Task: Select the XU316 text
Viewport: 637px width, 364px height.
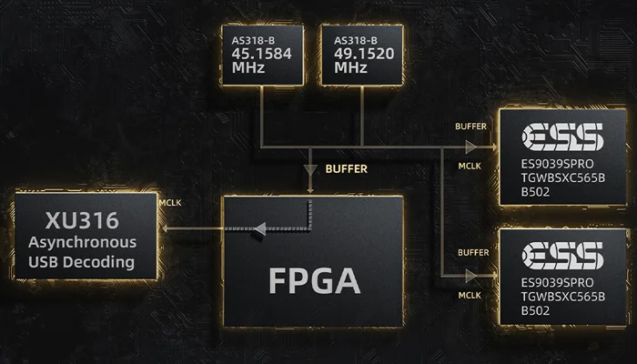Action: (x=81, y=220)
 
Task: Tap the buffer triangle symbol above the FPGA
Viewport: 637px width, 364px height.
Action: (x=312, y=169)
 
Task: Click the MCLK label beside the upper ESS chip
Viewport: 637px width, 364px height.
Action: (x=468, y=167)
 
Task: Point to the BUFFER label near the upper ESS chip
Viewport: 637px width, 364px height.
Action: (x=471, y=125)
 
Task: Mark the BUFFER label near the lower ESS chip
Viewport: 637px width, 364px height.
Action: (x=471, y=252)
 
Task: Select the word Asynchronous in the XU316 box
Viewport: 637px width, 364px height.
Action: (x=82, y=242)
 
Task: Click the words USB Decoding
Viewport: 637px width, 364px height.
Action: (x=82, y=263)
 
